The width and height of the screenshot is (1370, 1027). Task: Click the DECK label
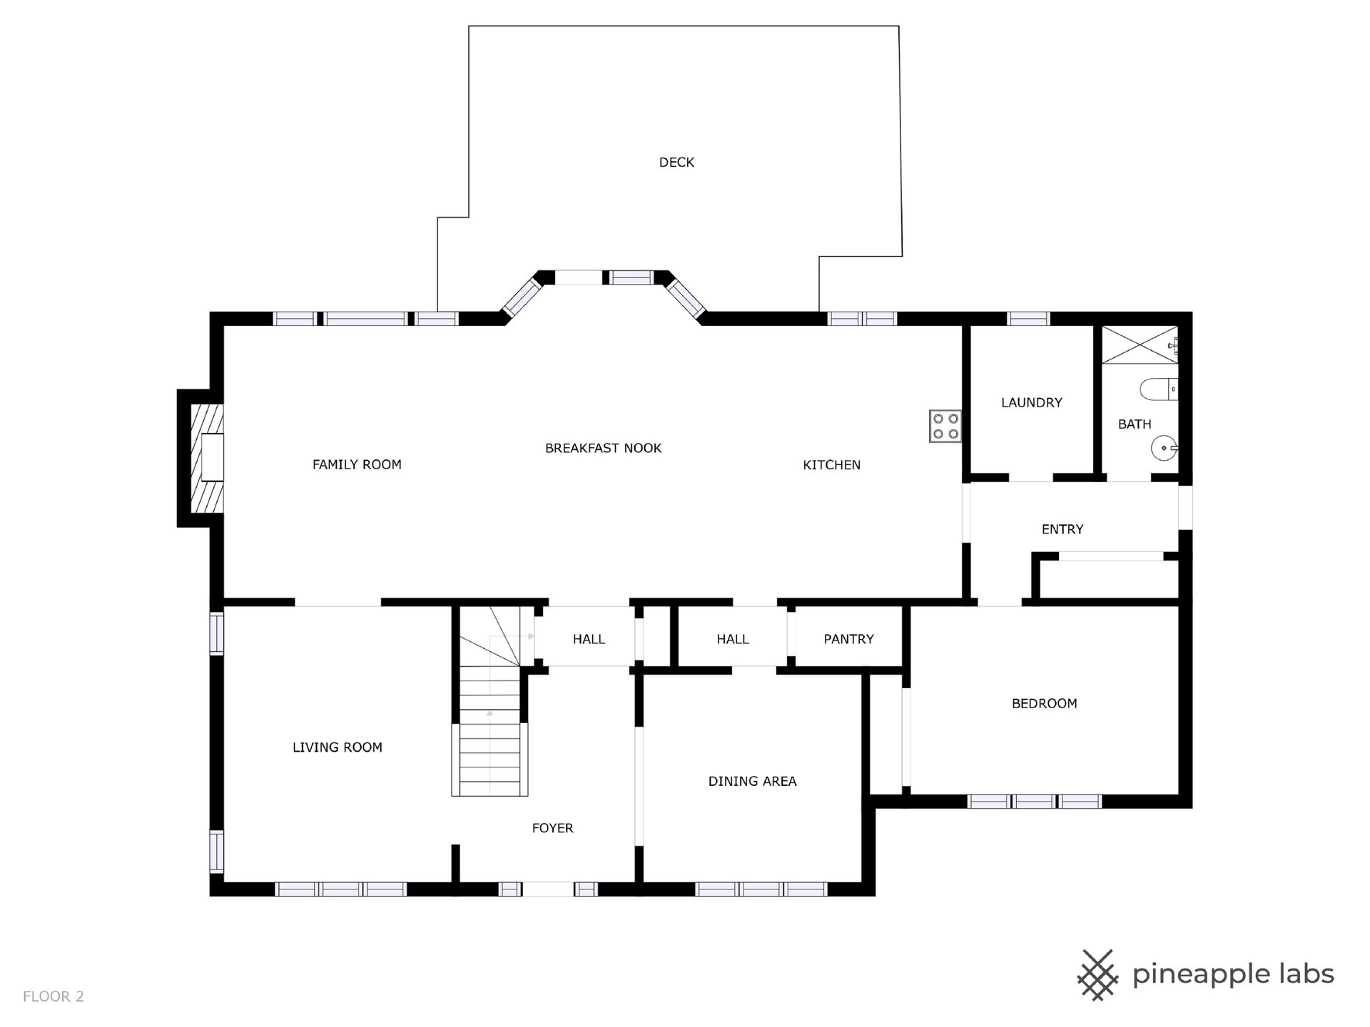click(x=676, y=163)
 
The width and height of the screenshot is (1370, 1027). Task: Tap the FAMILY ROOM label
click(x=357, y=465)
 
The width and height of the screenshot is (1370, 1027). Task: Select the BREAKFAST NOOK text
click(x=603, y=449)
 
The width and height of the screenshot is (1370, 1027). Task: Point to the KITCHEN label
click(x=831, y=465)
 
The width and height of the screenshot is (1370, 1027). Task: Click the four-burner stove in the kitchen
click(x=945, y=426)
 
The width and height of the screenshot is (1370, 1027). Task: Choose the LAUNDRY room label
click(x=1031, y=403)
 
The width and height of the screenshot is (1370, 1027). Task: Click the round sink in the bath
click(x=1164, y=449)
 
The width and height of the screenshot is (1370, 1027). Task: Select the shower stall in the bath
click(x=1140, y=345)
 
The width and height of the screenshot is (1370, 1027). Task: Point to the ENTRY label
click(x=1062, y=529)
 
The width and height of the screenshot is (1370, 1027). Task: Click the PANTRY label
click(x=848, y=639)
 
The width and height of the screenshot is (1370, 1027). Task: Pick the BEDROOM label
click(x=1044, y=704)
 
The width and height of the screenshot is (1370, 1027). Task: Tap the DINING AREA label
click(x=752, y=782)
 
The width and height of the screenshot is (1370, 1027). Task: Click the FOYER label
click(x=552, y=828)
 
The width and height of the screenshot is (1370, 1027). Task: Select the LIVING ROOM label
click(x=337, y=747)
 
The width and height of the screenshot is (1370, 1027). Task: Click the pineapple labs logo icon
click(x=1097, y=974)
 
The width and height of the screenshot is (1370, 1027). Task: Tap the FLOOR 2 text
click(x=54, y=996)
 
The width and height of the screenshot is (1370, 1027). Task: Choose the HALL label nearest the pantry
click(x=733, y=639)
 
